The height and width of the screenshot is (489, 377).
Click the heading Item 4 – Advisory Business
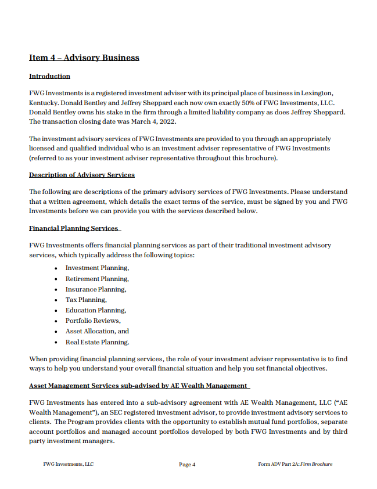pos(84,57)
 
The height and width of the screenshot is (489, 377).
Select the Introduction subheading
pos(49,76)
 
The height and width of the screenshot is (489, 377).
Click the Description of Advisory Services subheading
pos(81,175)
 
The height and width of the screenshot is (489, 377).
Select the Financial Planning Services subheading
pos(74,228)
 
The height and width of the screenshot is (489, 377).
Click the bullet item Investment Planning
pos(97,268)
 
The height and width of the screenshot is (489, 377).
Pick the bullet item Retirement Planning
pos(97,279)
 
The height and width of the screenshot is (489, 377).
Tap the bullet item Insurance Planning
pos(96,289)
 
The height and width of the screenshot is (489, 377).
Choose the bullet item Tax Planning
pos(86,300)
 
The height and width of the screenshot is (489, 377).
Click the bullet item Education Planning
pos(96,310)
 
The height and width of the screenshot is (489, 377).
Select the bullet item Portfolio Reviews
pos(93,321)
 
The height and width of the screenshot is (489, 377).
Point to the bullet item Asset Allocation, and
pos(97,331)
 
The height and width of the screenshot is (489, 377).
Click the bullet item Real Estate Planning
pos(97,342)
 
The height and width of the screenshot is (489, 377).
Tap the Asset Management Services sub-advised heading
pos(138,386)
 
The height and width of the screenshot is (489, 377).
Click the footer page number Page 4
pos(187,465)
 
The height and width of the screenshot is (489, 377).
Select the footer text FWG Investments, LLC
pos(69,464)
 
